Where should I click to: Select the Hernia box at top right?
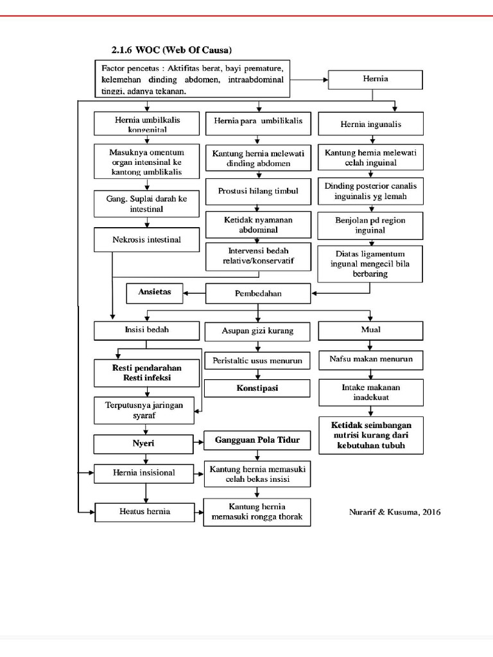coord(376,80)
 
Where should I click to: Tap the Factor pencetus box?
coord(193,79)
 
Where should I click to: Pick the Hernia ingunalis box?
coord(371,124)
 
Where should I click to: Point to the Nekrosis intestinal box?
coord(148,240)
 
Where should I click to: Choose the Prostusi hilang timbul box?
coord(258,191)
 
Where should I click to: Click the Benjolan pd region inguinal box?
coord(370,225)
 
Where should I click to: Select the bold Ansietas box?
coord(154,292)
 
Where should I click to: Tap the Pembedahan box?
coord(258,294)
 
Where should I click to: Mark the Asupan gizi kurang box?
coord(258,331)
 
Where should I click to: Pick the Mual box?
coord(370,330)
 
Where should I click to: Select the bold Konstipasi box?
coord(258,389)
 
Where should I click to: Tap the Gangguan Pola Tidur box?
coord(258,441)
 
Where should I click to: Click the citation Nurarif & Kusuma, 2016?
coord(395,512)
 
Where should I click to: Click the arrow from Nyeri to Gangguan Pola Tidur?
coord(198,442)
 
